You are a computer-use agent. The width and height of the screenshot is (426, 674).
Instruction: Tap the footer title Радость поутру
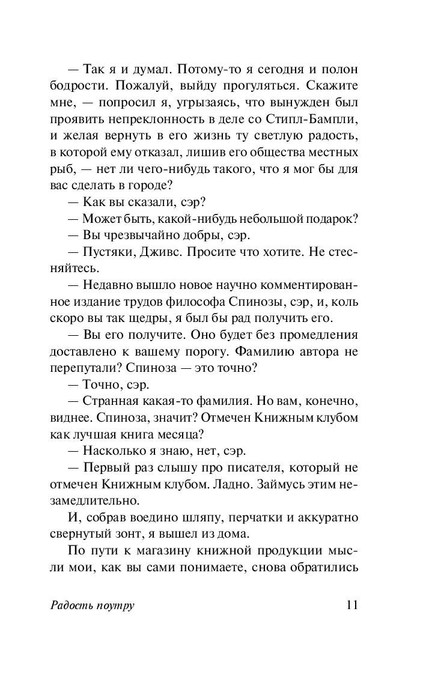click(x=92, y=605)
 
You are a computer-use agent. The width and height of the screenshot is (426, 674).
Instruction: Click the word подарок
click(x=333, y=219)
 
